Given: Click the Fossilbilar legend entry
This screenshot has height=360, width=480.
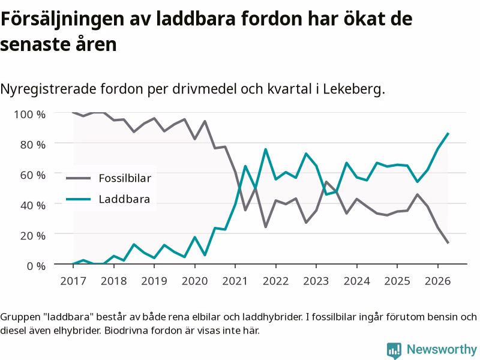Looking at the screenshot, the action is (x=109, y=178).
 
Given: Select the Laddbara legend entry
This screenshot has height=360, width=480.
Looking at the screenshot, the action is (x=108, y=199).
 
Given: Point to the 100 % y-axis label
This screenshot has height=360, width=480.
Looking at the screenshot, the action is (x=29, y=115).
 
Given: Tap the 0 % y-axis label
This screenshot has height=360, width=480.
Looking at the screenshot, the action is (x=36, y=266).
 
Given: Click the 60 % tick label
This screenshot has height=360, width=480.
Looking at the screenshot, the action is (x=33, y=175).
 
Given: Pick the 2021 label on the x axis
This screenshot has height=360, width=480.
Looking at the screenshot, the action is (x=235, y=281).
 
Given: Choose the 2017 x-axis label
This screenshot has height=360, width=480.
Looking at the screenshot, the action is (x=73, y=281).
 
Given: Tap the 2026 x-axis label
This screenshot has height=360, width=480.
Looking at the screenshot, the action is (x=438, y=281).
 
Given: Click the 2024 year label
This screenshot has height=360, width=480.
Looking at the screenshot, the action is (x=357, y=281).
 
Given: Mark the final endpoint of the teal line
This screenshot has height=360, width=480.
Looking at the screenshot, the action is (x=448, y=133).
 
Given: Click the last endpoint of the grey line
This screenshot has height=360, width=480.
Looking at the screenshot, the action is (x=448, y=243).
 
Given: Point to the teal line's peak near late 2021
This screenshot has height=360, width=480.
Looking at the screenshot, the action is (x=265, y=149).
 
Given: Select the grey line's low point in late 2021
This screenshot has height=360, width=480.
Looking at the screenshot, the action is (x=265, y=227).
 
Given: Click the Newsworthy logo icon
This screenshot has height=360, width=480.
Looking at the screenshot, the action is (x=394, y=350).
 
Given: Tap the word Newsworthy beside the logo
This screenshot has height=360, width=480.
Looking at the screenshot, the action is (x=442, y=349).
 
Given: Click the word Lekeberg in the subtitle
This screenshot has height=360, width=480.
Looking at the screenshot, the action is (x=354, y=89).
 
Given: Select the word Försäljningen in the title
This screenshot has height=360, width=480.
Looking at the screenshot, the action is (x=62, y=20).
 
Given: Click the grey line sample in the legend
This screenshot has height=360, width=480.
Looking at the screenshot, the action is (x=79, y=178).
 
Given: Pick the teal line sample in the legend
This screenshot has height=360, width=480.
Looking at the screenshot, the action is (x=79, y=199).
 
